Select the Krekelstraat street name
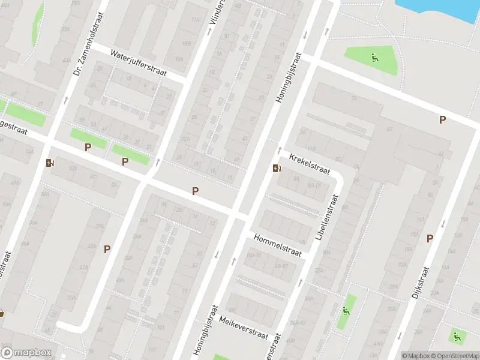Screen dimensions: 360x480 pyautogui.click(x=310, y=164)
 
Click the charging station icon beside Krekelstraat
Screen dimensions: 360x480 pyautogui.click(x=275, y=168)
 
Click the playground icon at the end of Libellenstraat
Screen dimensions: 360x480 pyautogui.click(x=346, y=310)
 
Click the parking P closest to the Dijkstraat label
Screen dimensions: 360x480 pyautogui.click(x=430, y=238)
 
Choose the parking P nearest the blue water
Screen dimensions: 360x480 pyautogui.click(x=442, y=119)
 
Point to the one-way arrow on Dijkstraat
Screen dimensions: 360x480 pyautogui.click(x=443, y=224)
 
